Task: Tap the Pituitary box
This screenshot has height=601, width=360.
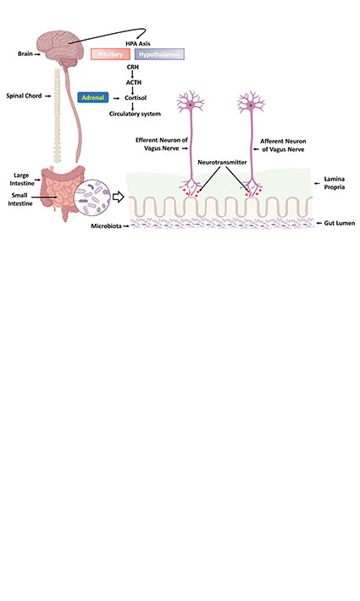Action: point(110,54)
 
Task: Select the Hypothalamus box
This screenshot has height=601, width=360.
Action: point(159,54)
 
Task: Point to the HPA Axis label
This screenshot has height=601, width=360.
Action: point(137,42)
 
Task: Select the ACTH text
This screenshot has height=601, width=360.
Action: point(132,82)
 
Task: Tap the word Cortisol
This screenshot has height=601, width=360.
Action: point(136,98)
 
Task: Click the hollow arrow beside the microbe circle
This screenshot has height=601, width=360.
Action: point(119,198)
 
